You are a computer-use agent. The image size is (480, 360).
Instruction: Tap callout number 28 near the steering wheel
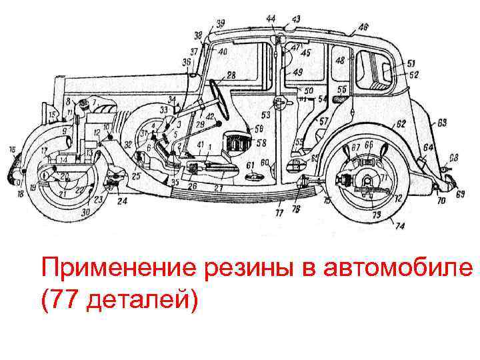[x=231, y=75]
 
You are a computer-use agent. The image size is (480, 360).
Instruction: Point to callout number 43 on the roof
[x=295, y=18]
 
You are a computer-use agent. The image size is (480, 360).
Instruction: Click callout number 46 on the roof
[x=363, y=27]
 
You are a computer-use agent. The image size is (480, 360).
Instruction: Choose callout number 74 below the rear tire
[x=400, y=226]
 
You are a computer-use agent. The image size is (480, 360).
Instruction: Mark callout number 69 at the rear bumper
[x=460, y=194]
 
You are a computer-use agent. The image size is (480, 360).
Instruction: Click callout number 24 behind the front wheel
[x=122, y=200]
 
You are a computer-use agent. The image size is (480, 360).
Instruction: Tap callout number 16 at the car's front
[x=12, y=150]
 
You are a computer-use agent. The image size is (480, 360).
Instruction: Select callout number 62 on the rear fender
[x=401, y=124]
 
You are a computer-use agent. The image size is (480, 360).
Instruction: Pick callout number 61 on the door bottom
[x=249, y=165]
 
